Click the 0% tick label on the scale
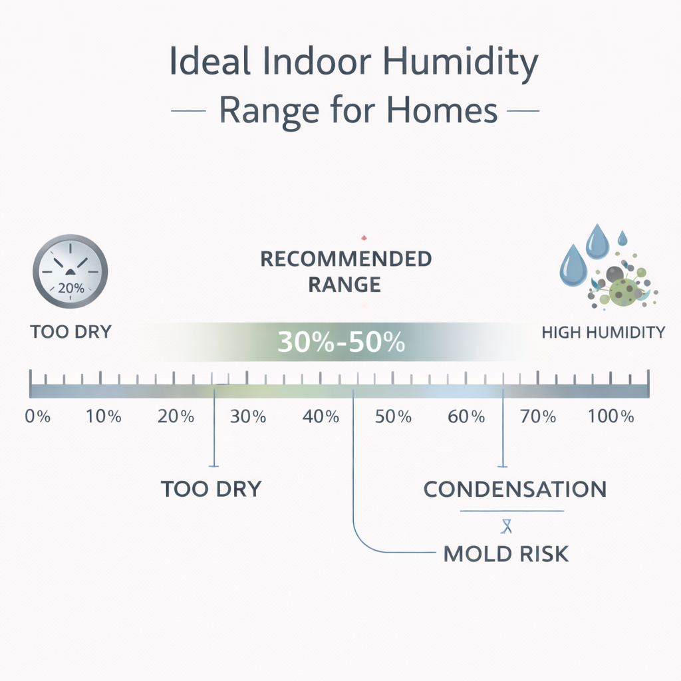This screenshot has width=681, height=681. (x=38, y=418)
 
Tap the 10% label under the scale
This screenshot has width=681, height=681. (x=104, y=418)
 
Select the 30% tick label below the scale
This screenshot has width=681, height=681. (x=248, y=418)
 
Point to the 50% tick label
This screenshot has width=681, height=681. (x=393, y=418)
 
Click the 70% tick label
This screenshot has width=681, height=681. (x=538, y=418)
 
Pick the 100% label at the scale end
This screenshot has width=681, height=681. (x=611, y=418)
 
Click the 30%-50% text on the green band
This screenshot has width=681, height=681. (x=341, y=342)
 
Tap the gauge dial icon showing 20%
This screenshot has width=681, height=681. (x=70, y=271)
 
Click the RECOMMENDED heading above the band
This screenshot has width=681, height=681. (x=346, y=259)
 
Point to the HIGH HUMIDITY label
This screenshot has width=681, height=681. (x=603, y=333)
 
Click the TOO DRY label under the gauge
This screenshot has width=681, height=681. (x=70, y=331)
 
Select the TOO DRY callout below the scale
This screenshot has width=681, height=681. (x=211, y=489)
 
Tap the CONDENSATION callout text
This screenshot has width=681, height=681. (x=515, y=489)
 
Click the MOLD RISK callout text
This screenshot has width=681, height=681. (x=506, y=553)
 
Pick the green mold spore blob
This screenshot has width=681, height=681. (x=623, y=290)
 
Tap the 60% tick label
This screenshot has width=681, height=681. (x=466, y=418)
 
